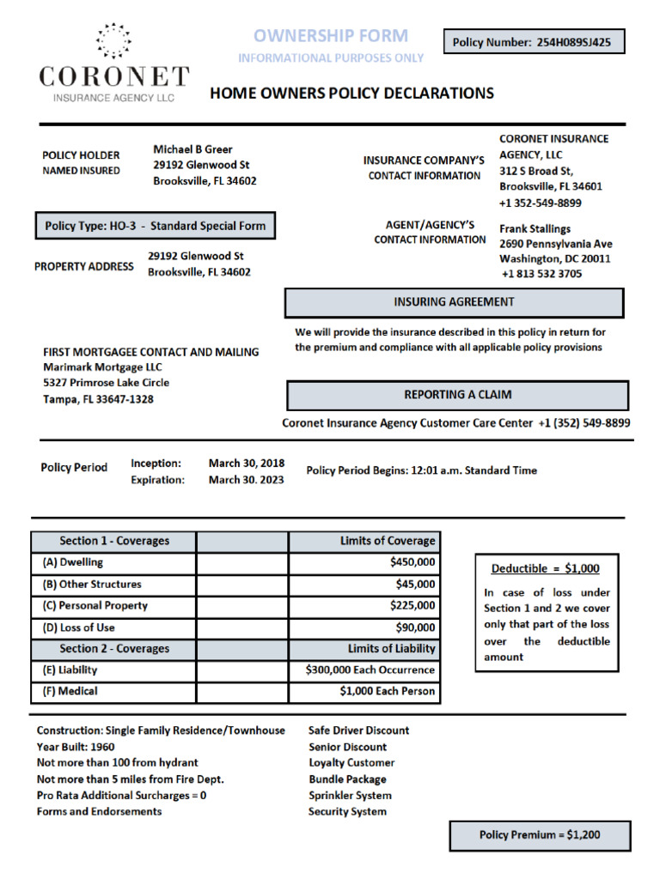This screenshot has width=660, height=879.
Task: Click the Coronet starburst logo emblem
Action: [113, 41]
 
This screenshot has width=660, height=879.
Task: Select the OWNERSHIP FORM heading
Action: [331, 36]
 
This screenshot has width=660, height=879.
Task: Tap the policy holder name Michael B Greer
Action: [192, 149]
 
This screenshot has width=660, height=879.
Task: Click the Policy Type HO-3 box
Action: [155, 226]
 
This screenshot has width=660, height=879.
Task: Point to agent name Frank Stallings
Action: [535, 229]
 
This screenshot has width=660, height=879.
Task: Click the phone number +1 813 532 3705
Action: [541, 274]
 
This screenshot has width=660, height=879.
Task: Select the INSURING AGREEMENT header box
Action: [454, 302]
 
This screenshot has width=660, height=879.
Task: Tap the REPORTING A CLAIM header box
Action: [457, 395]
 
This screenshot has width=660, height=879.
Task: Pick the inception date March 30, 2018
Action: [247, 464]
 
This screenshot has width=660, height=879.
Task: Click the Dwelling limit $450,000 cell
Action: [364, 563]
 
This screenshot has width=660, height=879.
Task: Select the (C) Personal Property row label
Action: [95, 606]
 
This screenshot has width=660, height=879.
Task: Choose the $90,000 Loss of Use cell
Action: [364, 627]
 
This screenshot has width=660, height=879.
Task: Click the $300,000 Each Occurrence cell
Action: [364, 670]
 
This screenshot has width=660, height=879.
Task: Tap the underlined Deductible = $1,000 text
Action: [545, 568]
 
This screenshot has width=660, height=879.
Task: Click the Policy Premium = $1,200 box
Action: [540, 835]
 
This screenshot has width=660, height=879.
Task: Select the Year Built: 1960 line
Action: [76, 747]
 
